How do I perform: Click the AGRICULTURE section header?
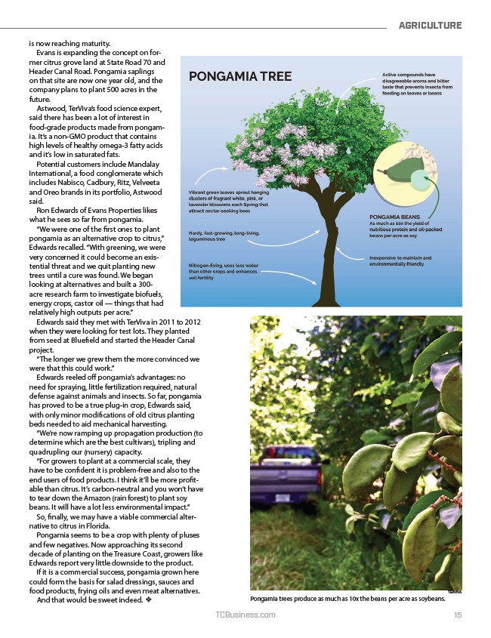[x=430, y=26]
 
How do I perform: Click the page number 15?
[x=458, y=615]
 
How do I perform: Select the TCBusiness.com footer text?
[x=246, y=615]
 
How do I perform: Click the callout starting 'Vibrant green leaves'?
[x=227, y=202]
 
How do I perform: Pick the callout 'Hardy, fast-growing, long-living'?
[x=224, y=236]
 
